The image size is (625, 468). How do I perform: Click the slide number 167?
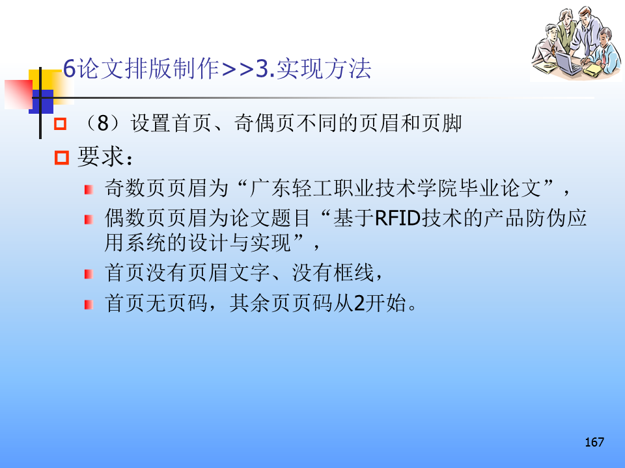[594, 442]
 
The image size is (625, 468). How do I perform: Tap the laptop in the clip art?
[568, 64]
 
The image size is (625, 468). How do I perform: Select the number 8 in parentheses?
[103, 123]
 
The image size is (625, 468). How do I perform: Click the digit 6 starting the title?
[70, 68]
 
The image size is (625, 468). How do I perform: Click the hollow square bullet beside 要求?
[61, 157]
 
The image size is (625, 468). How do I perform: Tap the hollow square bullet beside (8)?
[60, 123]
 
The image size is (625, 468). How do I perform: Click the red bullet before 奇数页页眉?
[89, 189]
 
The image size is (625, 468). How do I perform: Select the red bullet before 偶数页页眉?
[89, 219]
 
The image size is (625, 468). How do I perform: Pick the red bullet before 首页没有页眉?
[89, 274]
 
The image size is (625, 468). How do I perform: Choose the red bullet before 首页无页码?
[89, 304]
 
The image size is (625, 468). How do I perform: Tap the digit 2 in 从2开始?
[359, 304]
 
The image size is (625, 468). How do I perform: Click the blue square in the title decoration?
[42, 101]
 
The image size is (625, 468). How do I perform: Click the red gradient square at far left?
[18, 94]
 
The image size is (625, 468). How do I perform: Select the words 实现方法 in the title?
[324, 68]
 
